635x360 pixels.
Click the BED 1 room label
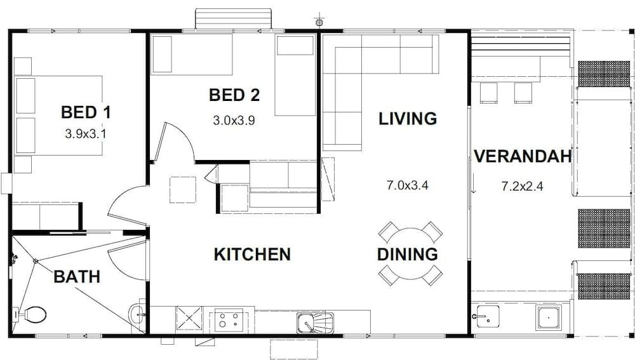click(86, 112)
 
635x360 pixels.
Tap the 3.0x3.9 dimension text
click(234, 120)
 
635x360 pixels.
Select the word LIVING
click(408, 119)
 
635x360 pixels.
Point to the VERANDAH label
click(523, 156)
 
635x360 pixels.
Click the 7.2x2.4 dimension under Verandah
click(523, 186)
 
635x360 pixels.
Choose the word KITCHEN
click(252, 255)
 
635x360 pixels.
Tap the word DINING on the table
click(408, 255)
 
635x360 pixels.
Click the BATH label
click(77, 277)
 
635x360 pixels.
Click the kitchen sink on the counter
click(316, 323)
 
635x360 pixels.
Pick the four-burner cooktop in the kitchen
click(229, 320)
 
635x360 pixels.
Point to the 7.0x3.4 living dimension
click(408, 185)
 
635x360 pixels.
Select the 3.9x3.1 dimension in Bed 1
click(86, 133)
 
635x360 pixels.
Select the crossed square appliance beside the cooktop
click(189, 318)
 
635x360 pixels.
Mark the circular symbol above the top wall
click(319, 22)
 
